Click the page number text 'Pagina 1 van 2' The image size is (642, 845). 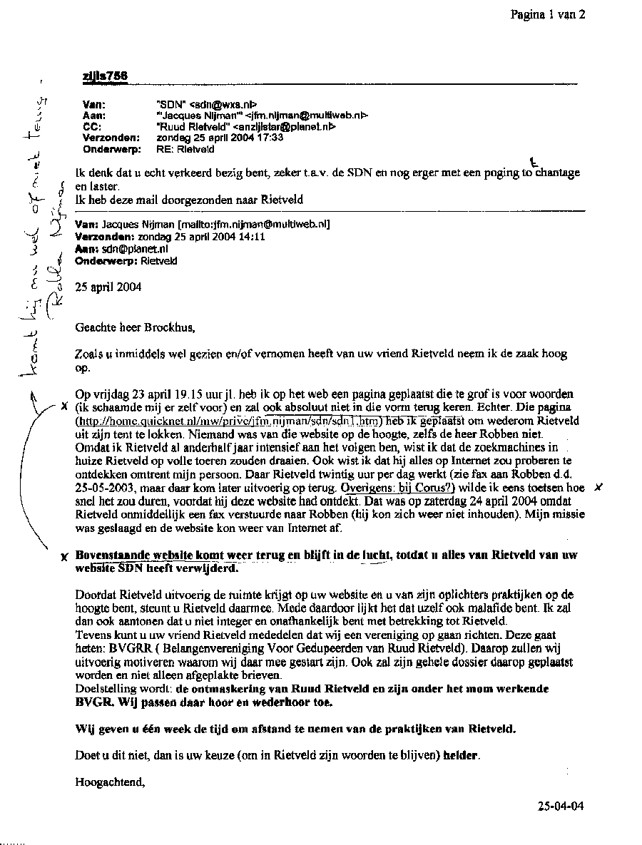click(x=548, y=14)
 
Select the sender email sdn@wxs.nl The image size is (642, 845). click(x=218, y=104)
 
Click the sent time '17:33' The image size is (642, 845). click(x=270, y=138)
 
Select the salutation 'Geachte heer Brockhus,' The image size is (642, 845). click(x=135, y=328)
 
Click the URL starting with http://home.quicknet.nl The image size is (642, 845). click(x=229, y=421)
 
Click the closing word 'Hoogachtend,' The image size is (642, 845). click(x=110, y=782)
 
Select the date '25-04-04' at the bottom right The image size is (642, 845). click(x=561, y=806)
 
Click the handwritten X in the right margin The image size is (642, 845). click(x=598, y=488)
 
